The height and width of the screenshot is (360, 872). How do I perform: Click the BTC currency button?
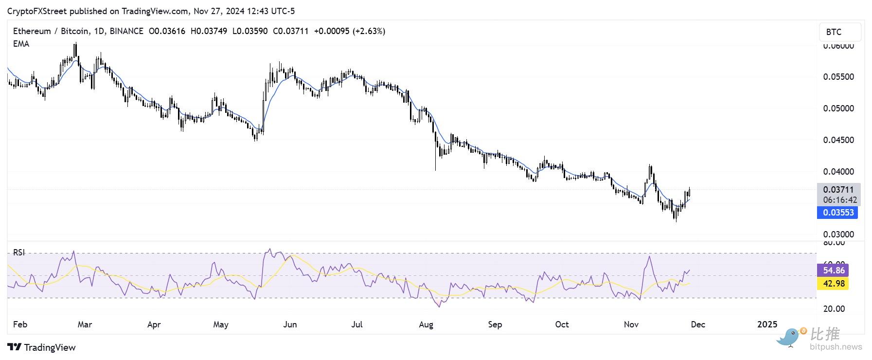pyautogui.click(x=839, y=32)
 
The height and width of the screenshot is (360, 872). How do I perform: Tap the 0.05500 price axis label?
pyautogui.click(x=838, y=77)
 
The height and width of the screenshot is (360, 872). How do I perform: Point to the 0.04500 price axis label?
pyautogui.click(x=838, y=140)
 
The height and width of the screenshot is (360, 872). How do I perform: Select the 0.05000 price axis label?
pyautogui.click(x=838, y=108)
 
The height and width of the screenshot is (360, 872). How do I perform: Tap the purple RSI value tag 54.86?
pyautogui.click(x=834, y=270)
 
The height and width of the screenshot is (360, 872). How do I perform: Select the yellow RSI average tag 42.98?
pyautogui.click(x=834, y=283)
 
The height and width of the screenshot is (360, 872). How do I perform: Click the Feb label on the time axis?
pyautogui.click(x=20, y=324)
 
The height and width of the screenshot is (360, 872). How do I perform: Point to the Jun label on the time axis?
pyautogui.click(x=290, y=324)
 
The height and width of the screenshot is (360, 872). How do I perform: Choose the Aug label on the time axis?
pyautogui.click(x=426, y=324)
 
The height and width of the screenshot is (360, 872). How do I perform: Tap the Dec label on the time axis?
pyautogui.click(x=698, y=324)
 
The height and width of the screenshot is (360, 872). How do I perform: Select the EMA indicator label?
pyautogui.click(x=21, y=44)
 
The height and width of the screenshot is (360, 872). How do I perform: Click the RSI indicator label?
pyautogui.click(x=19, y=252)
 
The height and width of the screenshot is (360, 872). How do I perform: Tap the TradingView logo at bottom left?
pyautogui.click(x=42, y=347)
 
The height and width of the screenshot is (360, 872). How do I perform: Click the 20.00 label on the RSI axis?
pyautogui.click(x=834, y=309)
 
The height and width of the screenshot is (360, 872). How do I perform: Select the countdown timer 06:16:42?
pyautogui.click(x=840, y=200)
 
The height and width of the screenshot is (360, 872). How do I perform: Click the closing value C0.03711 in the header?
pyautogui.click(x=291, y=31)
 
